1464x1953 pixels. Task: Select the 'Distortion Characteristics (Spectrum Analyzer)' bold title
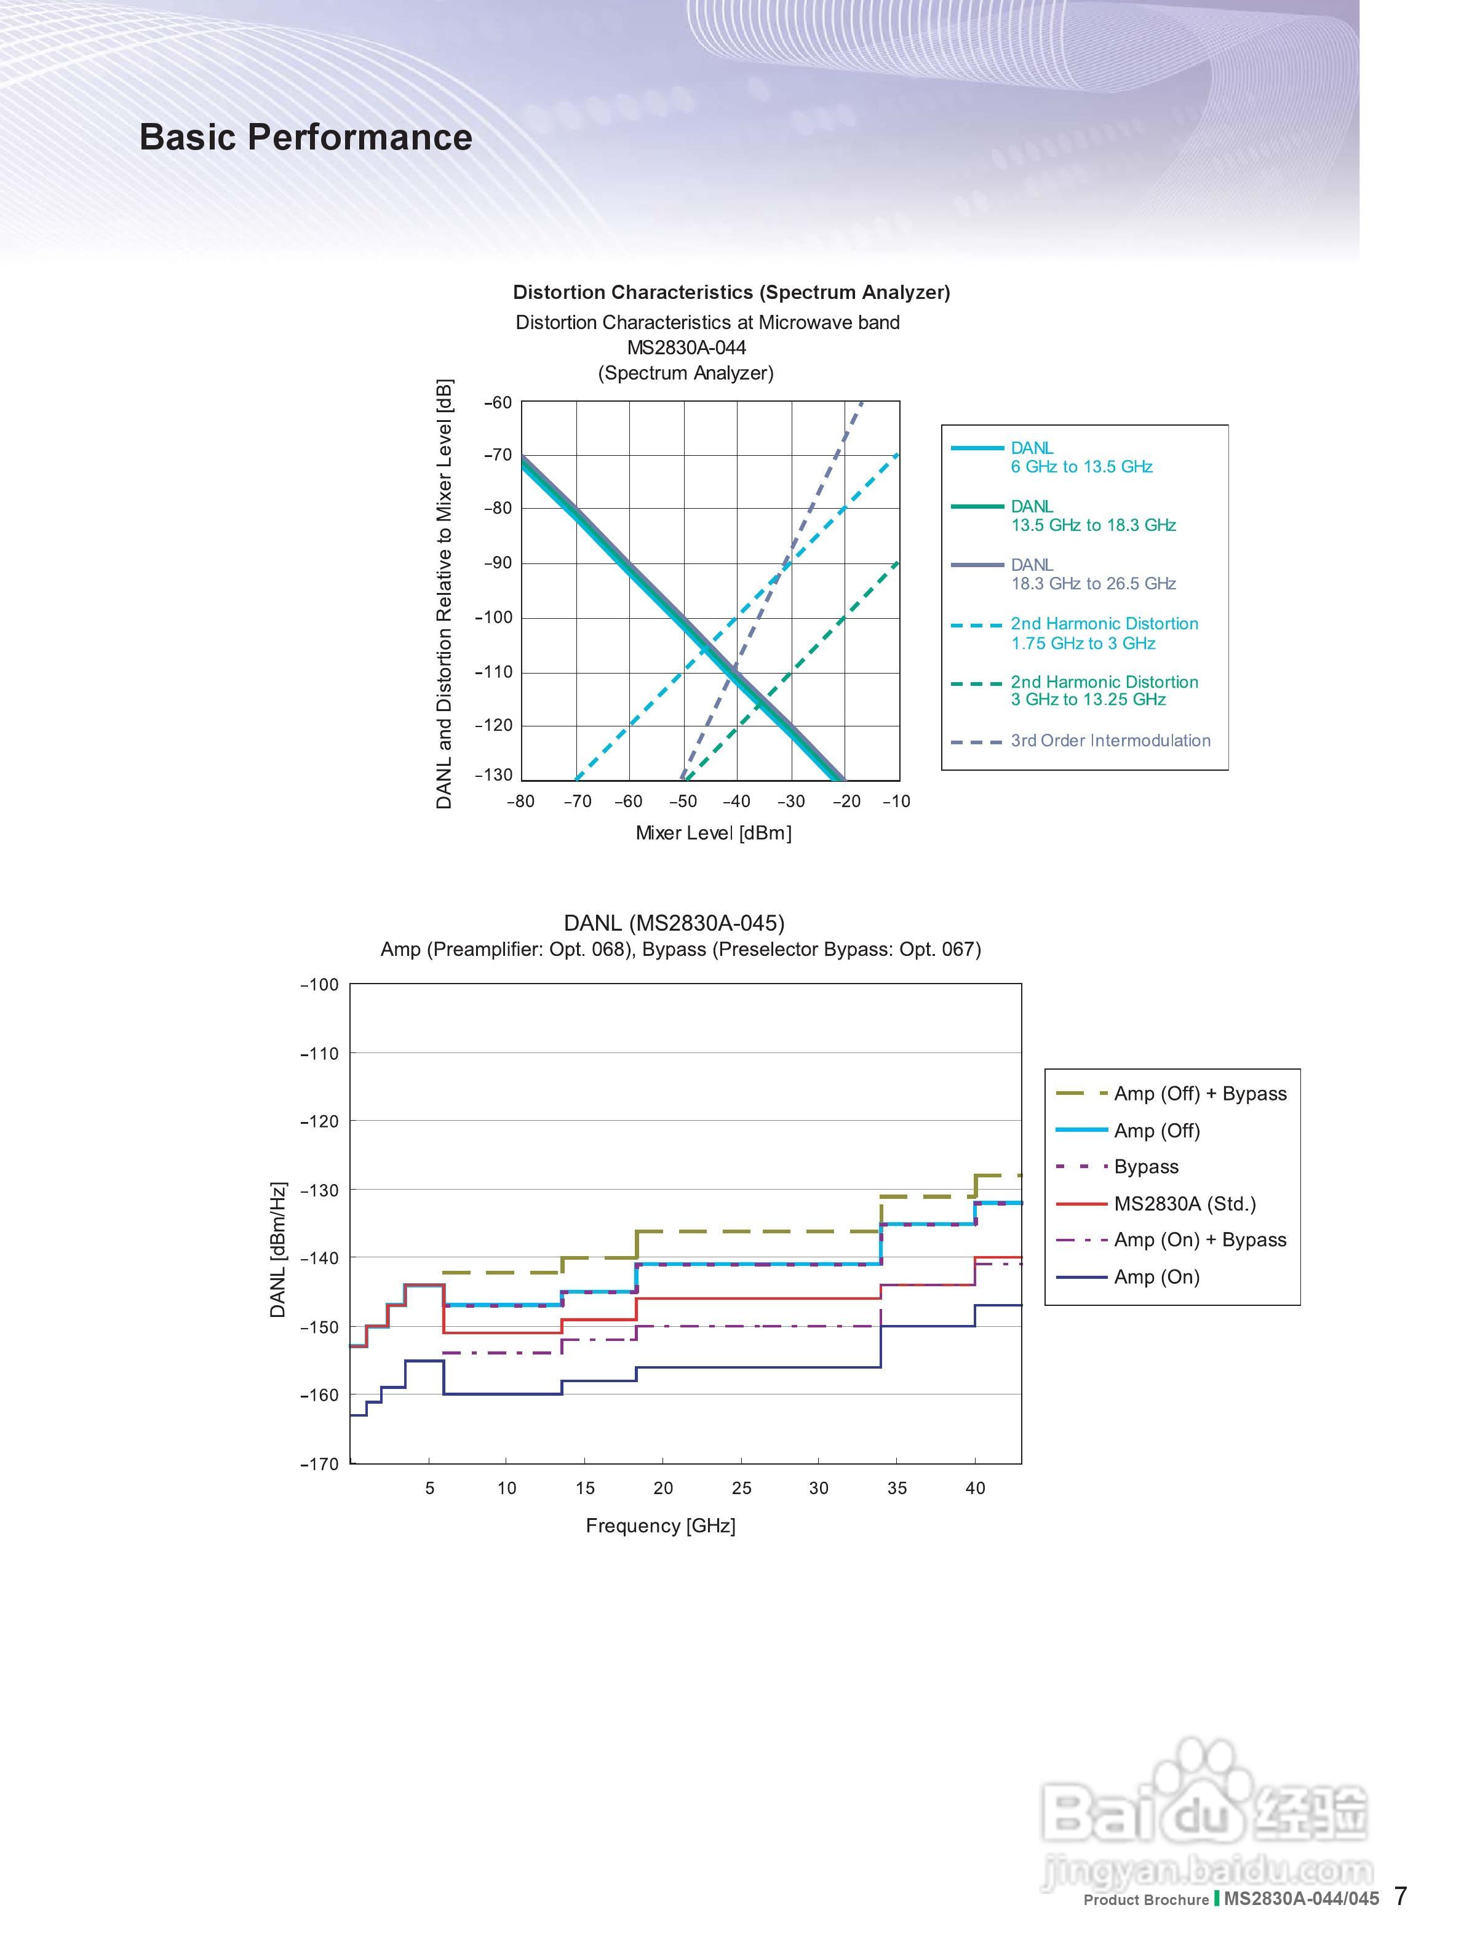[731, 292]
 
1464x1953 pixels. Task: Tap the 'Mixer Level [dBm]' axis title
[714, 833]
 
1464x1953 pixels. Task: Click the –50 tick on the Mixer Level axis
[683, 801]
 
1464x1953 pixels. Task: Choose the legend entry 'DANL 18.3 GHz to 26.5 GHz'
[1092, 574]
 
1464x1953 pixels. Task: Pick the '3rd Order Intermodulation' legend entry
[1110, 741]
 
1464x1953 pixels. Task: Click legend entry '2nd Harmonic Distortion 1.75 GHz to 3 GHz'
[1104, 633]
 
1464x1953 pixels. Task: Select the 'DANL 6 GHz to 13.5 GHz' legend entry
[1081, 458]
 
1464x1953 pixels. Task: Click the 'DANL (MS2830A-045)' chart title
[674, 923]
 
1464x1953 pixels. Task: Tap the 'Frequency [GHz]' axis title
[661, 1525]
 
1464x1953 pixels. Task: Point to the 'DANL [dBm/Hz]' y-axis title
[278, 1249]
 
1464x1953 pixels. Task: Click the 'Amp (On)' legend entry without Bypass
[1156, 1277]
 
